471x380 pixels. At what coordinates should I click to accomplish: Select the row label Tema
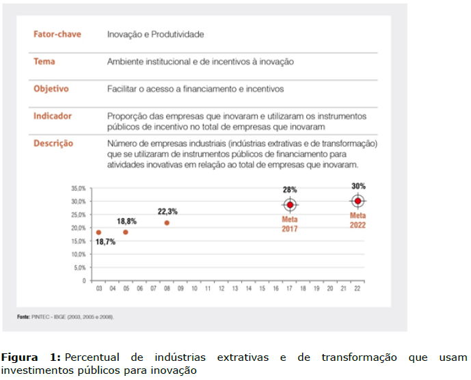click(44, 62)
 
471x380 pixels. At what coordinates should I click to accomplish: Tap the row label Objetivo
click(51, 89)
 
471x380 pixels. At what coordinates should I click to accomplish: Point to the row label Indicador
click(53, 116)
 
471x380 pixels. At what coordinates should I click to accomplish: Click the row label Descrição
click(53, 144)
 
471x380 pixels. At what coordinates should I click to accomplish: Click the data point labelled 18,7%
click(99, 232)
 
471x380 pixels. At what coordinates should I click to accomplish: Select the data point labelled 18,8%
click(126, 232)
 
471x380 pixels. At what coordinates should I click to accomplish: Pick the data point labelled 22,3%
click(167, 223)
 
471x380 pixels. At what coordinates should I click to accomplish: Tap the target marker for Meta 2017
click(290, 204)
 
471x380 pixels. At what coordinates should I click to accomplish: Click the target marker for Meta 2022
click(358, 201)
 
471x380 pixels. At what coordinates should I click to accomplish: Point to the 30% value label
click(359, 186)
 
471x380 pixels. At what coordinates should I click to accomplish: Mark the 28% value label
click(290, 189)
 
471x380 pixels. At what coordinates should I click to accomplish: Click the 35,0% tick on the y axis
click(78, 188)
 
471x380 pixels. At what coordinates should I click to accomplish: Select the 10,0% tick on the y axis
click(78, 254)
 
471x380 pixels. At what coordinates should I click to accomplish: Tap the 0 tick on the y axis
click(83, 281)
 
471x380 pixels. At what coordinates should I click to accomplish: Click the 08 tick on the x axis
click(167, 289)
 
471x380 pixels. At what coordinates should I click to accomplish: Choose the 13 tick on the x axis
click(234, 289)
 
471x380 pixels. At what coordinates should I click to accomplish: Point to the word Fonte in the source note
click(24, 317)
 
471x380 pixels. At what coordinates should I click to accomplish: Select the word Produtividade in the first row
click(180, 34)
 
